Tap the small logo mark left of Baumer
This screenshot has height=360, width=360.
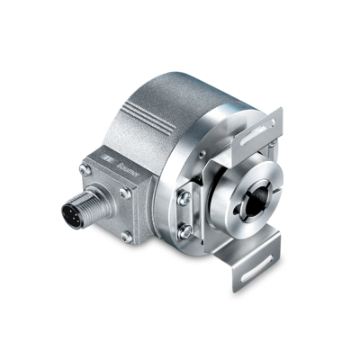(x=109, y=159)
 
